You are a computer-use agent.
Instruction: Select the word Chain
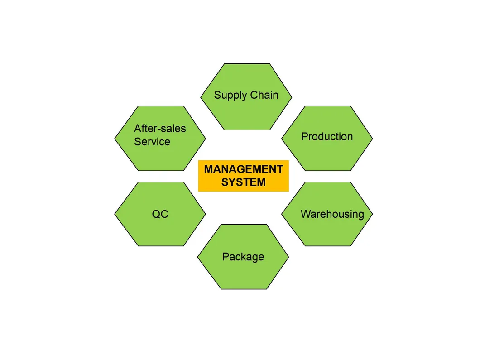tap(264, 95)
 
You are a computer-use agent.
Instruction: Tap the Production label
tap(327, 137)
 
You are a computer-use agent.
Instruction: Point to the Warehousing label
tap(332, 214)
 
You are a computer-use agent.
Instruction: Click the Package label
tap(243, 257)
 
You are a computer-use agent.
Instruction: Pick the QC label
tap(160, 214)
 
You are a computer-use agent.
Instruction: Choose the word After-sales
tap(160, 128)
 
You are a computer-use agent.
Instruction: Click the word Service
tap(152, 142)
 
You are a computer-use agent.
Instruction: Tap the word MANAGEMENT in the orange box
tap(244, 169)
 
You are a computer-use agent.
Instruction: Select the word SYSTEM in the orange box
tap(244, 182)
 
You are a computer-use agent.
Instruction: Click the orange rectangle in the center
tap(244, 176)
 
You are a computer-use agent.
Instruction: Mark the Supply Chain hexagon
tap(246, 97)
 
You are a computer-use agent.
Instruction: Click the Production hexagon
tap(327, 139)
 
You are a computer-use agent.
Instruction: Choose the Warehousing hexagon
tap(327, 214)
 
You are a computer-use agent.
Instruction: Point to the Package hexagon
tap(243, 257)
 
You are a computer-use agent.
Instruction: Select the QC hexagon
tap(160, 214)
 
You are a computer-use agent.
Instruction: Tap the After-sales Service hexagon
tap(160, 139)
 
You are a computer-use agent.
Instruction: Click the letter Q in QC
tap(156, 214)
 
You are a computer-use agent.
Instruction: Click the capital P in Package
tap(226, 257)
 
